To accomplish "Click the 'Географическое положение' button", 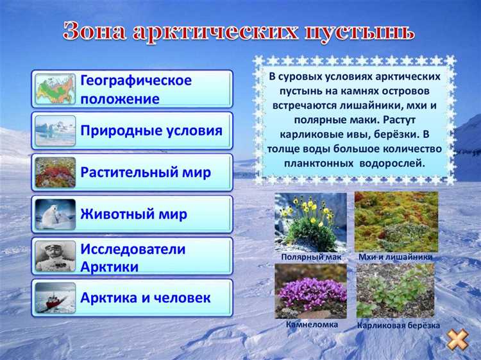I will tap(131, 89).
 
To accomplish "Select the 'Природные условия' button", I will tap(131, 131).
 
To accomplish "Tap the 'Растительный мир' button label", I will tap(146, 173).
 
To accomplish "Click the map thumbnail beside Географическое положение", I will tap(55, 89).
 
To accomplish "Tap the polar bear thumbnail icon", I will tap(55, 214).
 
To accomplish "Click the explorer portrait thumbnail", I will tap(55, 256).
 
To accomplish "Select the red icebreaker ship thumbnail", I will tap(55, 298).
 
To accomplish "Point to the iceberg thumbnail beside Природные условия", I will tap(55, 131).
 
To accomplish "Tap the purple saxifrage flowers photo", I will tap(310, 291).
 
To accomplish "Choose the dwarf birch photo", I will tap(395, 291).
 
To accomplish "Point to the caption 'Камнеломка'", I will tap(312, 325).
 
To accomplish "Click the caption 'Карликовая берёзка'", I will tap(398, 325).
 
